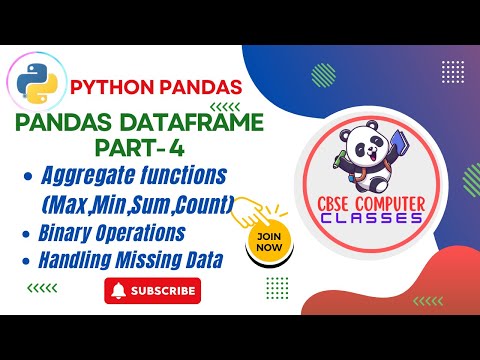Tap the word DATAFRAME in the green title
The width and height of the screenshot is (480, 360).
coord(207,125)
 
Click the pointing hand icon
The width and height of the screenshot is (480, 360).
coord(262,209)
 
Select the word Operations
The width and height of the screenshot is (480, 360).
coord(147,234)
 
